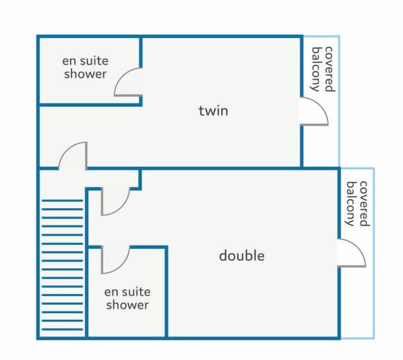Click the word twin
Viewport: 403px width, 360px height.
213,111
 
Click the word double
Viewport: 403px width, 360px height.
242,256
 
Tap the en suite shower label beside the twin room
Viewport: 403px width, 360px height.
85,67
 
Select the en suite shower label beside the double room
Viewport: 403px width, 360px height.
128,298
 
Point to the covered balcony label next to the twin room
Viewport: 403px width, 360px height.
323,69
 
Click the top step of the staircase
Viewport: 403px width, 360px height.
62,201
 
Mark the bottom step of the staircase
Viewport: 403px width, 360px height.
62,329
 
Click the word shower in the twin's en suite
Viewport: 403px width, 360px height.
85,74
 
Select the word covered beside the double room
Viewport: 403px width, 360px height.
364,203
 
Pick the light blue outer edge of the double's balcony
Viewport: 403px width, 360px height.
374,253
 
